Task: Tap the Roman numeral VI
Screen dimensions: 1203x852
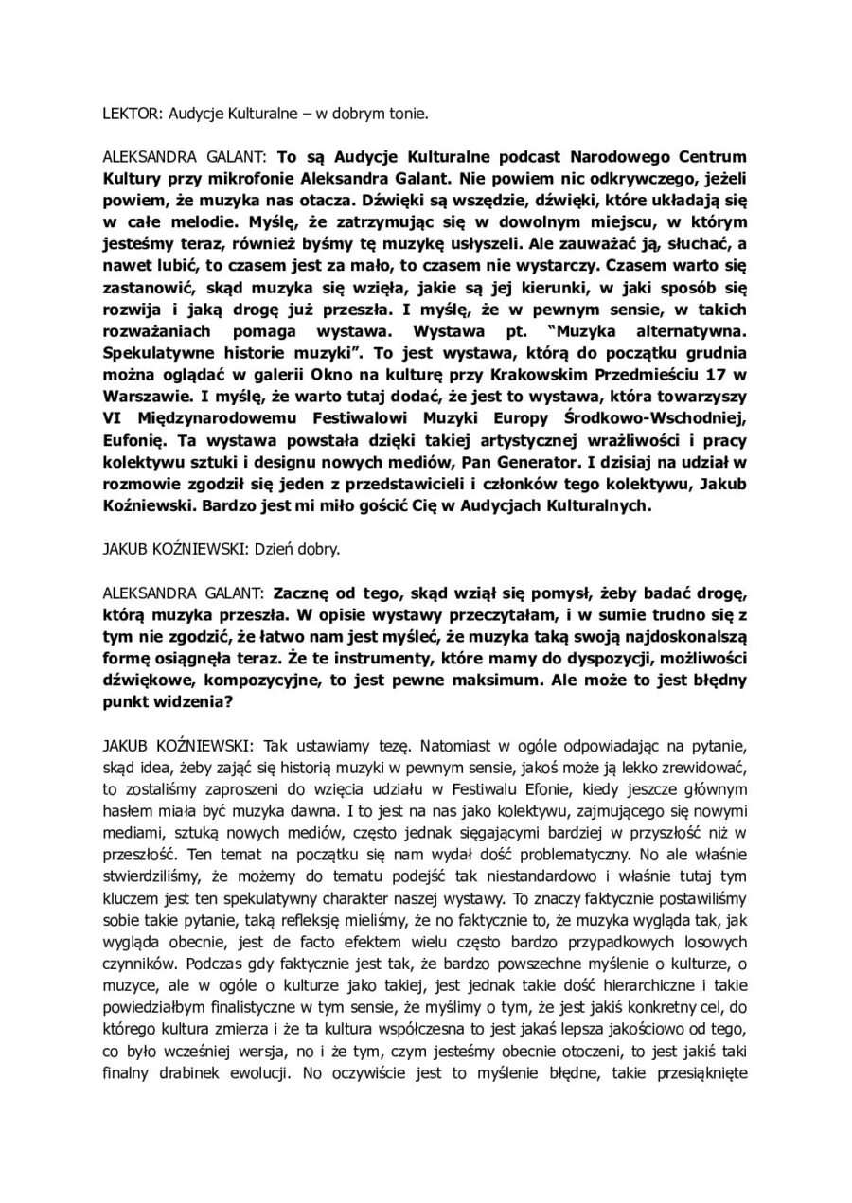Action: point(112,424)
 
